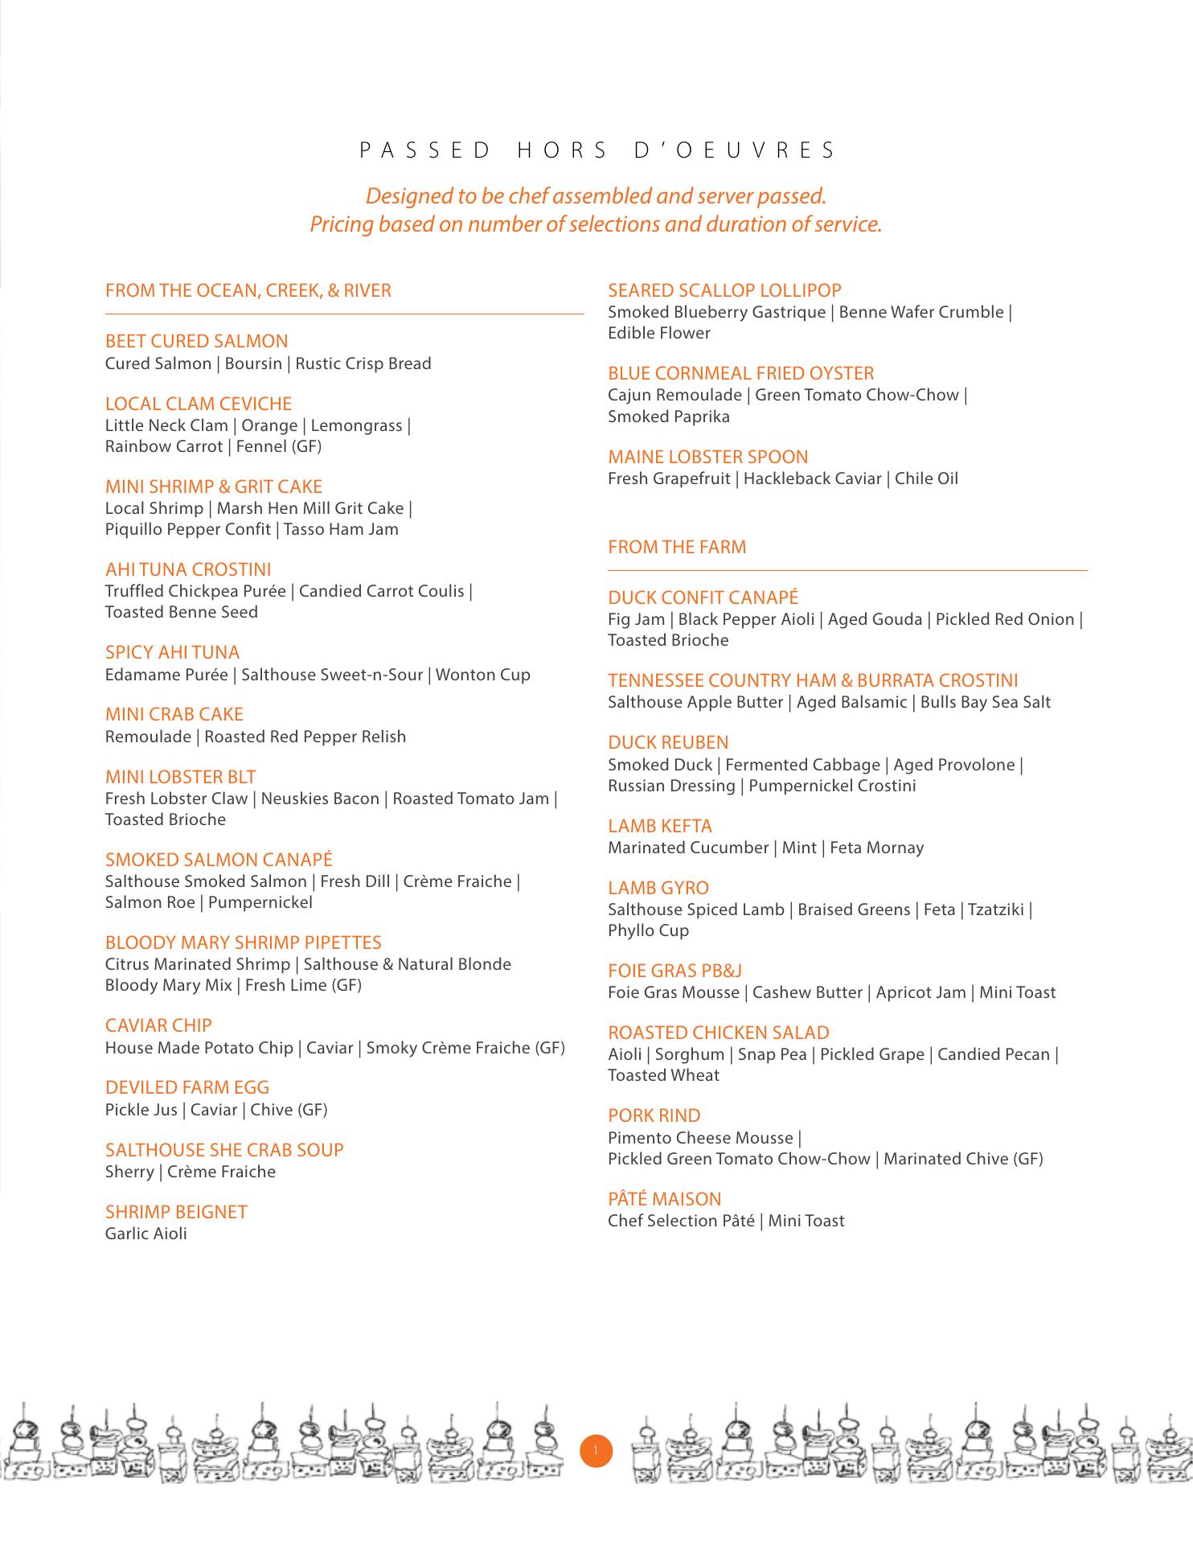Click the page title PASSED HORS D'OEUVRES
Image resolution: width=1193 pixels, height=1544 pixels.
tap(596, 150)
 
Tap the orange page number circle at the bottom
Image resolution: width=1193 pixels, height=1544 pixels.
tap(596, 1451)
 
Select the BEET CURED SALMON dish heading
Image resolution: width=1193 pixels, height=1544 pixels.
tap(196, 341)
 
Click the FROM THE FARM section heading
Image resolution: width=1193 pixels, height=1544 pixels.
tap(677, 547)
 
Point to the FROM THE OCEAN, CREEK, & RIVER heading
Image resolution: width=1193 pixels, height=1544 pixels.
tap(248, 290)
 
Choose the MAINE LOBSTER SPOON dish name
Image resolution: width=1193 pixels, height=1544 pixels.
tap(707, 457)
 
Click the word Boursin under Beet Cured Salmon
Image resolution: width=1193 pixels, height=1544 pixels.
tap(253, 363)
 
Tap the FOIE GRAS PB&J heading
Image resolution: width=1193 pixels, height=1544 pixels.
tap(674, 971)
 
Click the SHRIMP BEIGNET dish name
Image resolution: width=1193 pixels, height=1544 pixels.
tap(176, 1212)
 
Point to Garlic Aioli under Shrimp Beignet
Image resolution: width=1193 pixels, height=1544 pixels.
tap(146, 1234)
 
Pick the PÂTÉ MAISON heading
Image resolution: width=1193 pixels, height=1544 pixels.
tap(664, 1199)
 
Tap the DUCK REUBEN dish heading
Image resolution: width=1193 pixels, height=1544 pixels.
tap(668, 742)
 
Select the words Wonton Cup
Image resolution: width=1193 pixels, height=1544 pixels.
tap(482, 675)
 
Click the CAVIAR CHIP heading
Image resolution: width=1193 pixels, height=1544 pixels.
tap(158, 1025)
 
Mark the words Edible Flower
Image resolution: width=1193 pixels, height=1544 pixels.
tap(659, 333)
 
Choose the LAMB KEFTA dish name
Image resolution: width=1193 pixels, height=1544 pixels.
tap(660, 826)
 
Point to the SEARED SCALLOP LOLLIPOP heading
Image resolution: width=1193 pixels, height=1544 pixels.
tap(724, 290)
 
